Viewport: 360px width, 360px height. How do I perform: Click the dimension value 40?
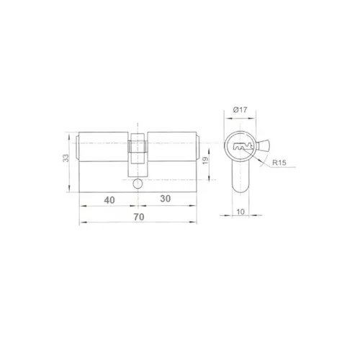pos(109,200)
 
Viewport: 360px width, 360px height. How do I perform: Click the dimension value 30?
pos(166,199)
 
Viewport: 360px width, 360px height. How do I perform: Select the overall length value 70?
pos(139,217)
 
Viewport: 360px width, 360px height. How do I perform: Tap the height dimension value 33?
pos(66,158)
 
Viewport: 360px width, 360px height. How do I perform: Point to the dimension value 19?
pos(205,161)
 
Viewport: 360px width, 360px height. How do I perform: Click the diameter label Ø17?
pos(240,110)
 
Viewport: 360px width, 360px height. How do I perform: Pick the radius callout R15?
pos(279,163)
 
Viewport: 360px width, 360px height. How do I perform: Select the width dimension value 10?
pos(240,212)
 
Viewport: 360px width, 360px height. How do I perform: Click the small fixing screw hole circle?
pos(138,184)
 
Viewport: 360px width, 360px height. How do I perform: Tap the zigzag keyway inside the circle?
pos(243,147)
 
